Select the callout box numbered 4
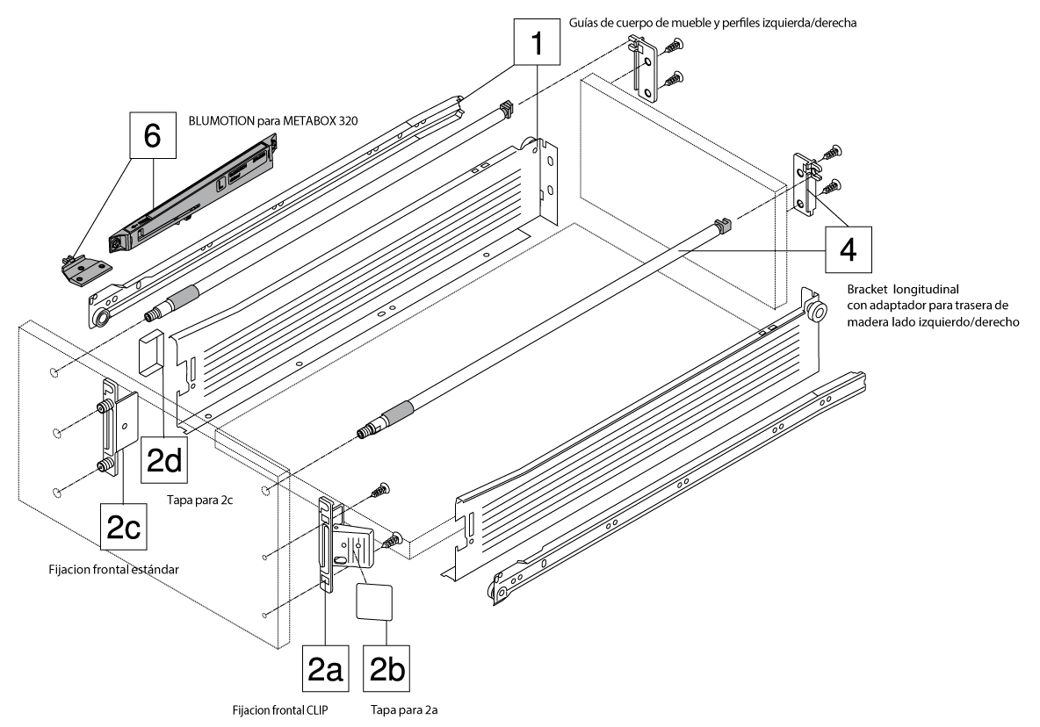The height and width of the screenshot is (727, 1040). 848,249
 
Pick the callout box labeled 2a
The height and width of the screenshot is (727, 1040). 326,669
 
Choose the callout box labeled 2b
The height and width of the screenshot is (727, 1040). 387,669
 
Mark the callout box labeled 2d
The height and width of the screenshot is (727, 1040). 164,459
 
